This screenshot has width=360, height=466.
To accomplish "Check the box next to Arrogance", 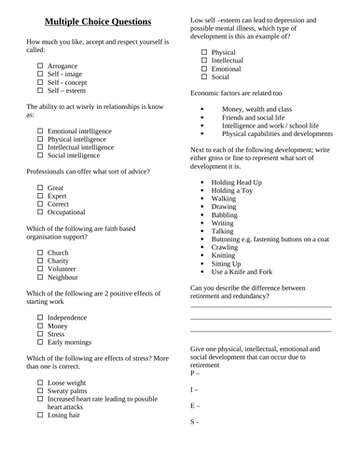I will coord(40,66).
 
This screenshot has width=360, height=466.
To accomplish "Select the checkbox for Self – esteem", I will coord(40,91).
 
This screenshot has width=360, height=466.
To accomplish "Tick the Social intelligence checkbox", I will coord(40,157).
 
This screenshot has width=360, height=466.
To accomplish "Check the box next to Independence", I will coord(40,317).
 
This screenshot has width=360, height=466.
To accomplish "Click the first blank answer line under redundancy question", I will coord(260,307).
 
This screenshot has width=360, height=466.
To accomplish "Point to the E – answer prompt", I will coord(195,406).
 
